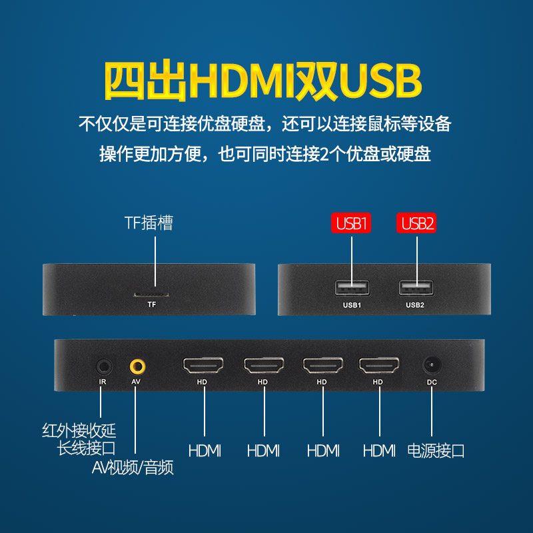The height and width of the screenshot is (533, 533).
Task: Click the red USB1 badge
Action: point(351,223)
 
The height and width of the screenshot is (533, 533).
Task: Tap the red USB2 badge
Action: point(416,223)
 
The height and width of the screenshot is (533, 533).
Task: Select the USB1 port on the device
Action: point(352,288)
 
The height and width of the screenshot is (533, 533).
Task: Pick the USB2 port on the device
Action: point(416,288)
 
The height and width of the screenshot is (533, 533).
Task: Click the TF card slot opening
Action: point(151,294)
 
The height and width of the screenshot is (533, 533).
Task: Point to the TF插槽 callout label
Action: point(149,223)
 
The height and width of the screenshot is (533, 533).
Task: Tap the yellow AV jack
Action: point(137,367)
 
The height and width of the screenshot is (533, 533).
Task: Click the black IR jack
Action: point(104,367)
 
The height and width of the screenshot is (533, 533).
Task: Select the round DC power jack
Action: point(432,366)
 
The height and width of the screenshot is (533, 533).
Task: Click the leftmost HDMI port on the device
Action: point(203,366)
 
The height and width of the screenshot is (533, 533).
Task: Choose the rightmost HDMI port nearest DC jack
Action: point(378,366)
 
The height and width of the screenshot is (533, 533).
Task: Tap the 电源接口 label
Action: point(436,451)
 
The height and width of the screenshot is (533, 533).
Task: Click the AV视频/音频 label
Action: point(133,468)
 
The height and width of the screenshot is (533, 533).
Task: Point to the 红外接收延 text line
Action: point(79,430)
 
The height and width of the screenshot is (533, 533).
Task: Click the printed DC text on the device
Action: point(432,382)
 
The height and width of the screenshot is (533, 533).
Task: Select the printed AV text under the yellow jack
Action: point(136,382)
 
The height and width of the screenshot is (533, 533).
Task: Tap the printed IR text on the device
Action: point(103,382)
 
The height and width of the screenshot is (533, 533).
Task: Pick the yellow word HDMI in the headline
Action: point(242,81)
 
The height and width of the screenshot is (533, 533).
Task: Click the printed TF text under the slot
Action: point(152,304)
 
